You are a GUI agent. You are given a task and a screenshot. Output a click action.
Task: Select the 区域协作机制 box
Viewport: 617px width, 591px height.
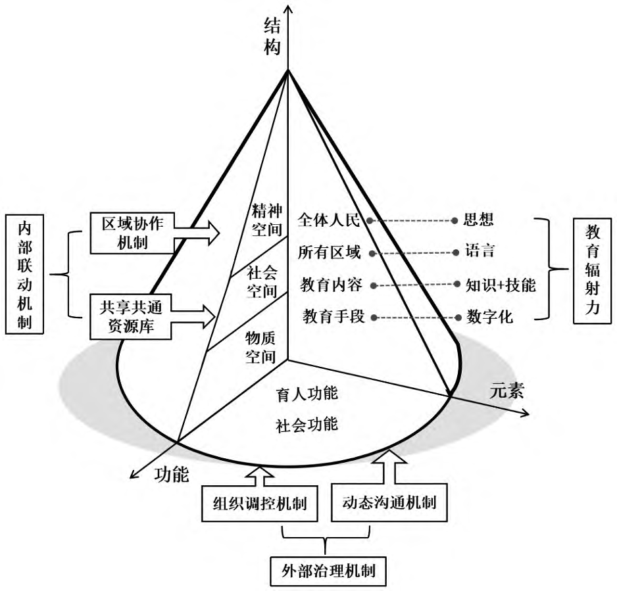click(130, 231)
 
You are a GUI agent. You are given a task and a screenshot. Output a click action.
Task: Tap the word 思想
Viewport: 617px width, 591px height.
click(479, 220)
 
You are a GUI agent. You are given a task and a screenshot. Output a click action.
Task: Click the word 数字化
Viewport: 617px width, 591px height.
click(490, 318)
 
